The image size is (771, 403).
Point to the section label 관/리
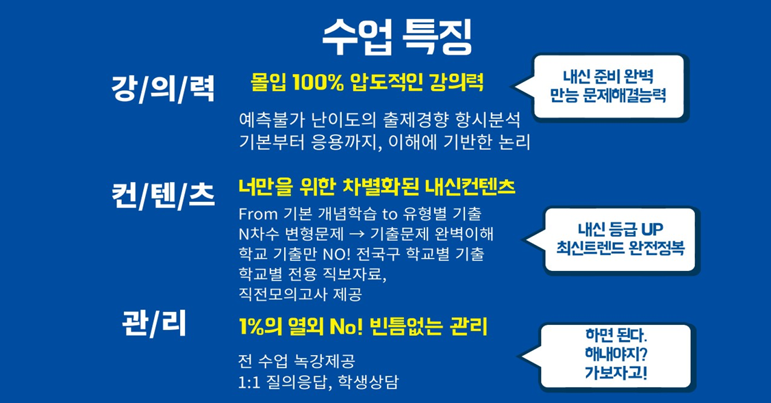tap(154, 324)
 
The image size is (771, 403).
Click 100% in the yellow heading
tap(318, 82)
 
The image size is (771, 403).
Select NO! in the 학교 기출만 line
tap(336, 254)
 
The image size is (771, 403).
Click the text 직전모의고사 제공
tap(300, 294)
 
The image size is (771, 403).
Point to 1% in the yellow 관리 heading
tap(251, 327)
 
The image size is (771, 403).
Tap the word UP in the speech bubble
tap(651, 229)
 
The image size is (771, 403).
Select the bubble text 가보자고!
tap(616, 372)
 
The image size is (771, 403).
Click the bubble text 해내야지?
tap(616, 354)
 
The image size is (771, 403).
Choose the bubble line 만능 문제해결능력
tap(608, 95)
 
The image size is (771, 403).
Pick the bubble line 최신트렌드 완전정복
tap(620, 248)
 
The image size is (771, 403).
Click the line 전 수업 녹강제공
tap(296, 362)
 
